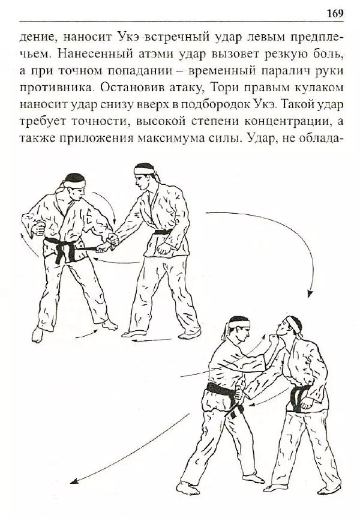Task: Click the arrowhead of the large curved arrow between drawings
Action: [310, 294]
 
